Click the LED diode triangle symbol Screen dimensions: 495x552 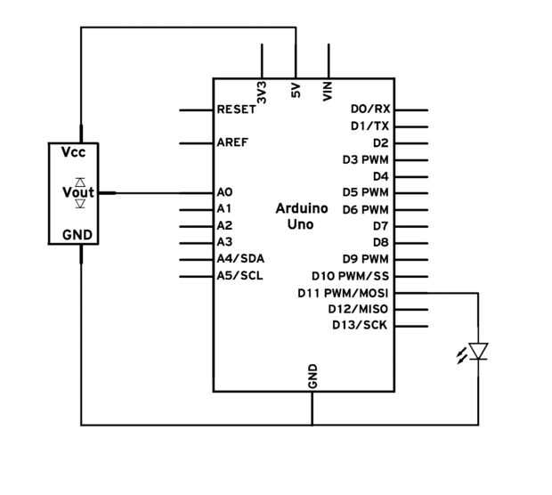click(x=478, y=352)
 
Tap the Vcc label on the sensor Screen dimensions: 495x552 click(x=73, y=153)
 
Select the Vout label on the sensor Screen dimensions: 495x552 click(x=77, y=192)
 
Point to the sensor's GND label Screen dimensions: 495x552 click(x=74, y=235)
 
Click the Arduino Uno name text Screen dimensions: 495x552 click(x=301, y=216)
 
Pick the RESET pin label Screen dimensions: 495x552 click(x=236, y=110)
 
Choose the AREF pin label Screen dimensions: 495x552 click(x=232, y=142)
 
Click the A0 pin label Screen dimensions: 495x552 click(x=224, y=192)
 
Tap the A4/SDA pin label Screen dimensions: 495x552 click(x=239, y=258)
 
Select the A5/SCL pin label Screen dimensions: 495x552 click(x=239, y=275)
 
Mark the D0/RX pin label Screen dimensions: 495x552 click(x=370, y=110)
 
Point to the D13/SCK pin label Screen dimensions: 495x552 click(x=360, y=325)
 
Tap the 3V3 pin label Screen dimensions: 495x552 click(x=262, y=93)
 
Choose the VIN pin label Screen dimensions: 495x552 click(x=329, y=91)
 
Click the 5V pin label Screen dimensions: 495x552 click(x=296, y=91)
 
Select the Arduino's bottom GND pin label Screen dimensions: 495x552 click(x=313, y=377)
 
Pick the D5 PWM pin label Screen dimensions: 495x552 click(x=366, y=192)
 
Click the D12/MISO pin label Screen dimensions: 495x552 click(x=359, y=309)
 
